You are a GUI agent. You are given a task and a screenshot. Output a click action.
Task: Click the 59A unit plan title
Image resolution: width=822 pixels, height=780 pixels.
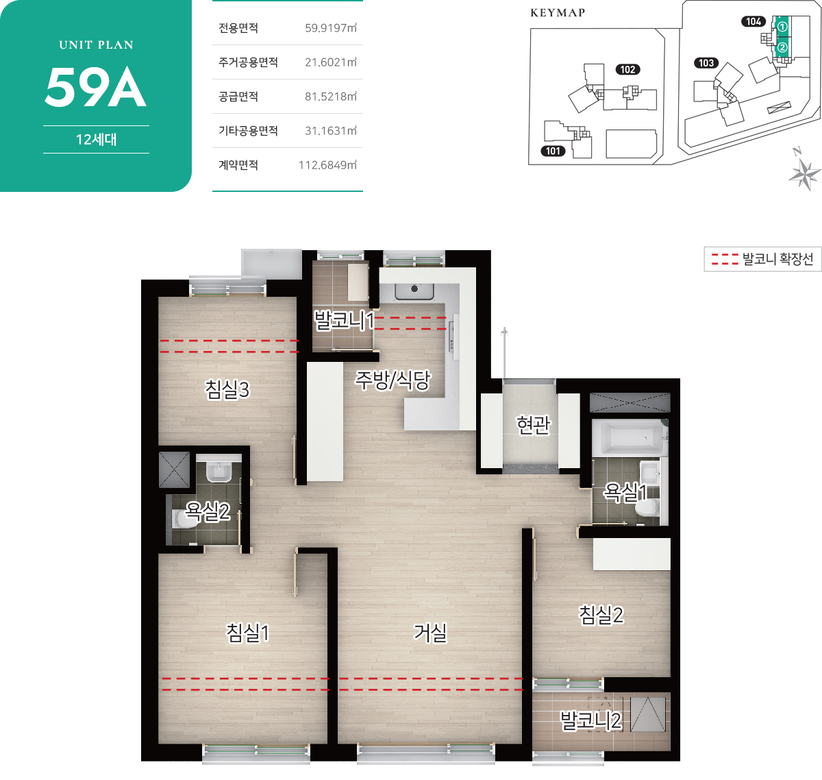click(96, 87)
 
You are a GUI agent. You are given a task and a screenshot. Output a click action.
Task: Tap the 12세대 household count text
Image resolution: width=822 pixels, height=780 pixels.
click(96, 139)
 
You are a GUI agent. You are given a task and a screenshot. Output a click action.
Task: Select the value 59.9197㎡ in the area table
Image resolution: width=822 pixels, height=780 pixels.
click(331, 28)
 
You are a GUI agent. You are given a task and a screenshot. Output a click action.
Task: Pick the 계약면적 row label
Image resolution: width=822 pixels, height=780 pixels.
click(238, 165)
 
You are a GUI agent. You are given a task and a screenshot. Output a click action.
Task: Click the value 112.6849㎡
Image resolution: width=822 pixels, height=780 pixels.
click(327, 165)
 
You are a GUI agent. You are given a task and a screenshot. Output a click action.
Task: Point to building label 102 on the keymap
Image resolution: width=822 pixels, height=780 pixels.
click(628, 69)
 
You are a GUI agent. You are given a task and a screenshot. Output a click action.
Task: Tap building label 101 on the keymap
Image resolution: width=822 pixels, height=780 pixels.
click(553, 151)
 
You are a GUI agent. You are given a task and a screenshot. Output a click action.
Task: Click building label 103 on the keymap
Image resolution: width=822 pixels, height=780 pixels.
click(706, 63)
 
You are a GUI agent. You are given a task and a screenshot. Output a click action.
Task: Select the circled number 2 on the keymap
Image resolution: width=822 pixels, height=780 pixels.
click(782, 48)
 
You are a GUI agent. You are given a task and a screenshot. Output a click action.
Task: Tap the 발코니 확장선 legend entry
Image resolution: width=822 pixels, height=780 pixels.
click(762, 259)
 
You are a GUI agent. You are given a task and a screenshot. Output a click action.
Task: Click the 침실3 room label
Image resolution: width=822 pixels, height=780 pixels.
click(227, 389)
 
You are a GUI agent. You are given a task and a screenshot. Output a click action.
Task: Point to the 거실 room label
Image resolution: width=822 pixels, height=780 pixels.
click(429, 633)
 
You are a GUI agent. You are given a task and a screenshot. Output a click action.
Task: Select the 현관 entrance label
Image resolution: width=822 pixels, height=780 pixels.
click(533, 425)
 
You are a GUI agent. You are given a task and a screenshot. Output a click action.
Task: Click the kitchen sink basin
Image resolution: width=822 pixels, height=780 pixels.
click(414, 291)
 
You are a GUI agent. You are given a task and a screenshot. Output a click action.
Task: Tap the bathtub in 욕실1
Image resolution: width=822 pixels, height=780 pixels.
click(628, 438)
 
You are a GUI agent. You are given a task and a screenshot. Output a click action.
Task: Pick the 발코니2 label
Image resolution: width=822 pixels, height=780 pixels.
click(590, 720)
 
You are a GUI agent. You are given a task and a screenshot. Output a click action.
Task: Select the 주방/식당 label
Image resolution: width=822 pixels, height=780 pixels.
click(393, 380)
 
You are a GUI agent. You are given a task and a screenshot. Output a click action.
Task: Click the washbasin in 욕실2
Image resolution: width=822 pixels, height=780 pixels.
click(219, 472)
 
